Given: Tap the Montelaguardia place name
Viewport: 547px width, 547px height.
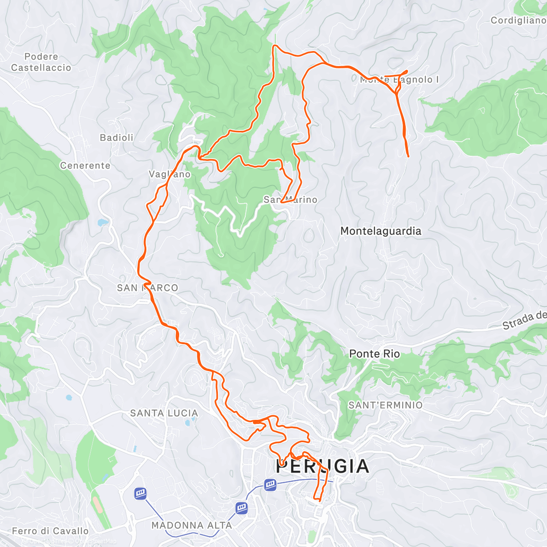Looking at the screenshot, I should point(381,231).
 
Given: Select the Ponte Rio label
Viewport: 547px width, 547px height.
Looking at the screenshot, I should point(374,354).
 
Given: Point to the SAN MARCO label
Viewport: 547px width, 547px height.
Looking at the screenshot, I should point(147,288).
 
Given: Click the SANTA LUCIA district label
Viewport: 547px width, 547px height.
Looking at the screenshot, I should point(164,413).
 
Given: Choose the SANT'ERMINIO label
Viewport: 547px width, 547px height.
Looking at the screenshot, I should point(385,405).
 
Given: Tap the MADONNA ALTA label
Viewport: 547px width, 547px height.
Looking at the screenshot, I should point(191,525).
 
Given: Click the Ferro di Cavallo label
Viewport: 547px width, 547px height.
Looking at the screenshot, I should point(50,531).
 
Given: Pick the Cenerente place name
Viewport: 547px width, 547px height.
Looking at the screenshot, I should point(85,165).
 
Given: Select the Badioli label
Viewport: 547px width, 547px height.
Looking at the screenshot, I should point(117,138).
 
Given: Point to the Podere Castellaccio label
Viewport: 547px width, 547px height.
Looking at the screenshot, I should point(41,62).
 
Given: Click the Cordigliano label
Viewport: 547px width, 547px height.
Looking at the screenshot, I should point(518,20).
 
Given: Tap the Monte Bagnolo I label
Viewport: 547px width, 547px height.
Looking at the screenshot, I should point(399,80).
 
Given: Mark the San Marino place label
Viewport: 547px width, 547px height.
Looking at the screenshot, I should point(290,200).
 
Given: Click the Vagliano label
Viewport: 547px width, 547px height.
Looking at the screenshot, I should point(170,174).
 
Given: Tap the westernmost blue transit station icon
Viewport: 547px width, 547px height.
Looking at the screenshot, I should point(140,493).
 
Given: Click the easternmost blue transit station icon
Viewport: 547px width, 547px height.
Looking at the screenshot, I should point(270,484).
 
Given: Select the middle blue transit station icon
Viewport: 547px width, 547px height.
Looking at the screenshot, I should point(241,507).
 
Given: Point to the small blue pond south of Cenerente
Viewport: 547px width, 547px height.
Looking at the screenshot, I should point(103,222).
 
